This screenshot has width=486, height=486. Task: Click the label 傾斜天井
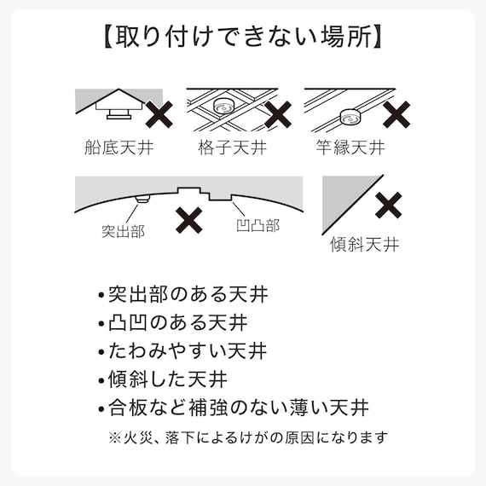click(x=364, y=246)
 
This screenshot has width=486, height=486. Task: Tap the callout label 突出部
click(x=123, y=231)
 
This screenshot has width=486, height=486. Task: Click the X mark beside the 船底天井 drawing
click(x=160, y=113)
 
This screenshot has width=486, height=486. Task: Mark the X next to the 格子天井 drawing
click(x=278, y=113)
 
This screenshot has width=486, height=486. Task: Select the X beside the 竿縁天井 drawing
click(x=396, y=113)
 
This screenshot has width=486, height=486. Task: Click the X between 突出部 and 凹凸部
click(x=188, y=221)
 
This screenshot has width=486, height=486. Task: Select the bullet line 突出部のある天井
click(x=182, y=296)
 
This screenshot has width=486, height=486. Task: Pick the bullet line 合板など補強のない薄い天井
click(x=234, y=407)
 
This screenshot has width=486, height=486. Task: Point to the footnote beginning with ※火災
click(x=248, y=437)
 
